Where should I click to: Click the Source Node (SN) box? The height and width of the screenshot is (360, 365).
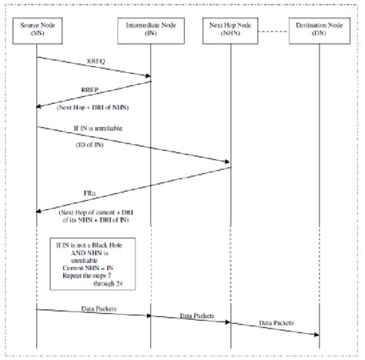coord(37,32)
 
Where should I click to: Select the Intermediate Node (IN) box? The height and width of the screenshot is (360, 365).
coord(150,32)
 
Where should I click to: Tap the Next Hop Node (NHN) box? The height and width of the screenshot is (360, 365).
coord(230,32)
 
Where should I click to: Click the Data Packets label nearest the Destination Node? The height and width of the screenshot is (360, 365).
coord(276,323)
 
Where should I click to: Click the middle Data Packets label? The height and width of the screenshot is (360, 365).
coord(196,315)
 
